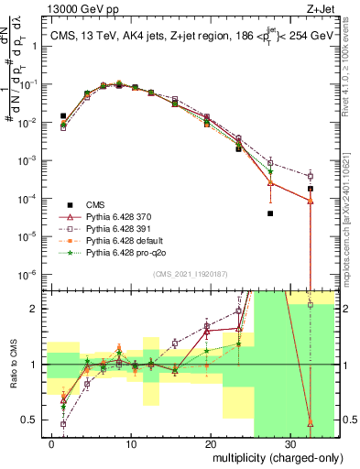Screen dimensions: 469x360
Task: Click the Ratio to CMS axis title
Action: tap(14, 365)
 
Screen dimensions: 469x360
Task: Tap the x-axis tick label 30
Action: tap(290, 444)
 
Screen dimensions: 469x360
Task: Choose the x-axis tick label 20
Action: tap(211, 444)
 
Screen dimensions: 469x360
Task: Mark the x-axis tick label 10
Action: tap(132, 444)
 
